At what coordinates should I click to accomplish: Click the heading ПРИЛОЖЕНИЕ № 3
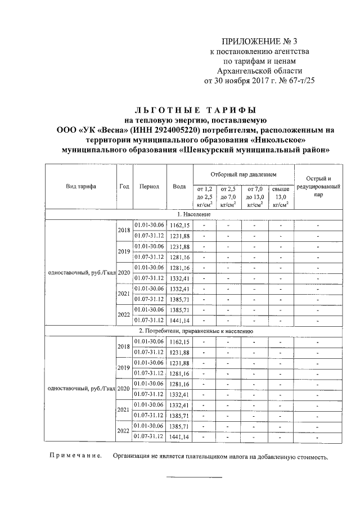pos(259,41)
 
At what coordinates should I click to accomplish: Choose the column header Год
pos(124,186)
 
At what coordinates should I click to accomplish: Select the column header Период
pos(150,186)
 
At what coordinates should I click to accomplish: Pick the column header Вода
pos(179,186)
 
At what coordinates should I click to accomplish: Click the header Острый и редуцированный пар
pos(318,186)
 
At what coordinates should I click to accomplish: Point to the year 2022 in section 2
pos(123,431)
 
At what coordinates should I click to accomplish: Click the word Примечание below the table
pos(74,457)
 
